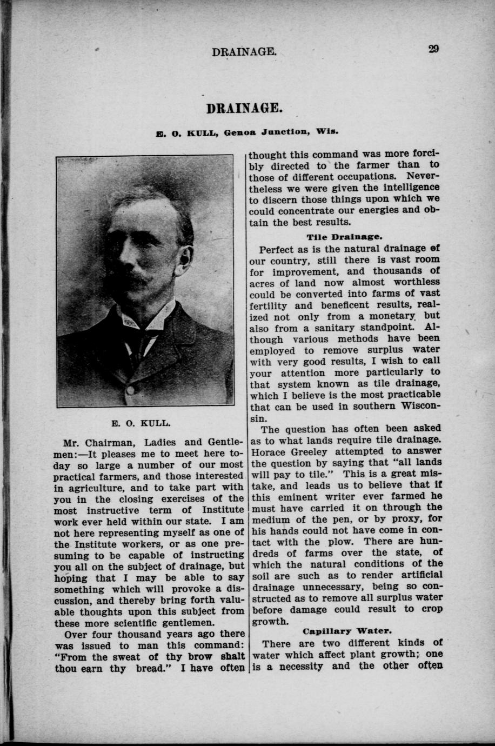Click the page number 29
point(433,49)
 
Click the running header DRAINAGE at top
point(245,52)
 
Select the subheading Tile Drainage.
point(344,236)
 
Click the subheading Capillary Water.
point(347,631)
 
